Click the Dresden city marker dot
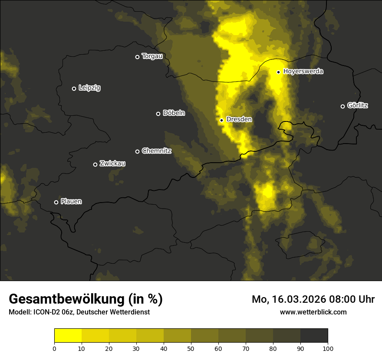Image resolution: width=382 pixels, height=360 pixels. coord(222,120)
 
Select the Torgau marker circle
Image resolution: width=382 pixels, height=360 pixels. coord(137,57)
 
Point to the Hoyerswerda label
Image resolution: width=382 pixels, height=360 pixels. coord(303,72)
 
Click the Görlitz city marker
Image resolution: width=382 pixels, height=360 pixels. coord(342,106)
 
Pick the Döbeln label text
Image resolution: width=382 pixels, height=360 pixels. coord(174,113)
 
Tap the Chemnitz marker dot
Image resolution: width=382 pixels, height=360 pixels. coord(137,151)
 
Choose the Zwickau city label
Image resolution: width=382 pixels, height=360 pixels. coord(112,164)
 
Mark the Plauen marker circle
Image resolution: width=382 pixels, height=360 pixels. coord(56,202)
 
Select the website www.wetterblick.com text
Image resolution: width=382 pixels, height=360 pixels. coord(313,312)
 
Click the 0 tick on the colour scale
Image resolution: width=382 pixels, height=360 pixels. coord(54,348)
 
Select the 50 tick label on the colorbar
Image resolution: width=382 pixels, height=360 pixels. coord(191,348)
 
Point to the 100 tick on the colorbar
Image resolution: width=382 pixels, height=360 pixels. coord(328,348)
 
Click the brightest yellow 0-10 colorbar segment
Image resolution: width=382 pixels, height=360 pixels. coord(68,335)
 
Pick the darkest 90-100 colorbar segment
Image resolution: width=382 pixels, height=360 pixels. coord(314,335)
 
